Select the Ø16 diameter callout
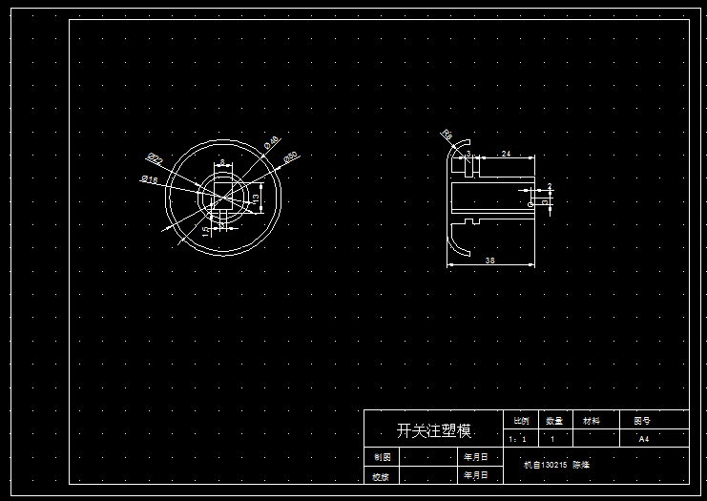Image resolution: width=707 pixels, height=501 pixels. tap(149, 178)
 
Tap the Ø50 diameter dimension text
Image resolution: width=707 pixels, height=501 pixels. tap(291, 156)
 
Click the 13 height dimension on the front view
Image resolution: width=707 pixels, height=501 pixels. tap(256, 197)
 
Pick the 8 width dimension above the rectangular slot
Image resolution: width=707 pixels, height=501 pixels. tap(222, 162)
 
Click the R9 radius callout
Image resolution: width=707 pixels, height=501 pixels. tap(447, 135)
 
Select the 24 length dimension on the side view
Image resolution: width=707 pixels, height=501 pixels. tap(506, 154)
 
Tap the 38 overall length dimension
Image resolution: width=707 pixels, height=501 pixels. tap(489, 260)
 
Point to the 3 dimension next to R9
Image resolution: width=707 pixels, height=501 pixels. tap(468, 154)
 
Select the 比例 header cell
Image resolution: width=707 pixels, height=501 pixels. tap(521, 420)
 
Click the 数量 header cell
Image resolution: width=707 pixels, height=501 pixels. tap(554, 420)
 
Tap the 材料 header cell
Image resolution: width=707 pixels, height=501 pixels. tap(592, 420)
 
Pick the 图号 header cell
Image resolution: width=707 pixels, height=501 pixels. tap(642, 420)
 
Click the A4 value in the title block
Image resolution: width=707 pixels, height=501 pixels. tap(643, 439)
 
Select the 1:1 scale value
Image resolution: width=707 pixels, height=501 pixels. tap(518, 440)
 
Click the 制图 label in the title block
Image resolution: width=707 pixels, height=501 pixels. tap(382, 457)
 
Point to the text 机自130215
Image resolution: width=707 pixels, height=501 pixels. tap(546, 465)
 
